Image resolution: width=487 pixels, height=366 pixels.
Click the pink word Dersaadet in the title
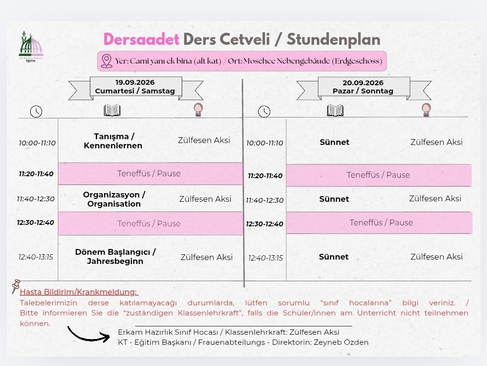pyautogui.click(x=141, y=39)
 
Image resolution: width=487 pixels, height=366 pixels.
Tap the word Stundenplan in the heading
pyautogui.click(x=333, y=40)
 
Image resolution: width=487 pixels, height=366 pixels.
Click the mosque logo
pyautogui.click(x=31, y=46)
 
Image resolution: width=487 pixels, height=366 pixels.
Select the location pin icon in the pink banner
pyautogui.click(x=106, y=61)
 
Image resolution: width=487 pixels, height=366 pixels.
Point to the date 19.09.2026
pyautogui.click(x=135, y=82)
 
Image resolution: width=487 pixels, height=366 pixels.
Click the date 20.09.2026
pyautogui.click(x=363, y=83)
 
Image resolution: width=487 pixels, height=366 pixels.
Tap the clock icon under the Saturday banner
pyautogui.click(x=36, y=111)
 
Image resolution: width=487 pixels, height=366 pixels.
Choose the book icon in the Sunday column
pyautogui.click(x=335, y=110)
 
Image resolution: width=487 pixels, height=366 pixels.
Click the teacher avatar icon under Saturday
pyautogui.click(x=198, y=110)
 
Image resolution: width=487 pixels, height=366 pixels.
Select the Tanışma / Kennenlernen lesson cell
pyautogui.click(x=113, y=141)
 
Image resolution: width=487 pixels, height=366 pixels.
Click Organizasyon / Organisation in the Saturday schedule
pyautogui.click(x=114, y=199)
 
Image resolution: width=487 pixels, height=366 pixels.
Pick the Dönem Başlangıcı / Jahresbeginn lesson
pyautogui.click(x=115, y=256)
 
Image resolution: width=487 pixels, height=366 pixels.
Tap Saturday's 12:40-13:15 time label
pyautogui.click(x=36, y=257)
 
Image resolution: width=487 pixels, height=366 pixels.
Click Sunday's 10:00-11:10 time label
pyautogui.click(x=264, y=143)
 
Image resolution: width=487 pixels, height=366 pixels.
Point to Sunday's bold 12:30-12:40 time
pyautogui.click(x=264, y=224)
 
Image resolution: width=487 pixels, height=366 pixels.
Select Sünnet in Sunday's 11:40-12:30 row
pyautogui.click(x=334, y=199)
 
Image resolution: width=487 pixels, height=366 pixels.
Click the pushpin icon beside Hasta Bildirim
pyautogui.click(x=15, y=286)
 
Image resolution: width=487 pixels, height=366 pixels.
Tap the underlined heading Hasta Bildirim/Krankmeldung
pyautogui.click(x=79, y=292)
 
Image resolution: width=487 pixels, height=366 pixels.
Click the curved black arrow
pyautogui.click(x=89, y=335)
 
